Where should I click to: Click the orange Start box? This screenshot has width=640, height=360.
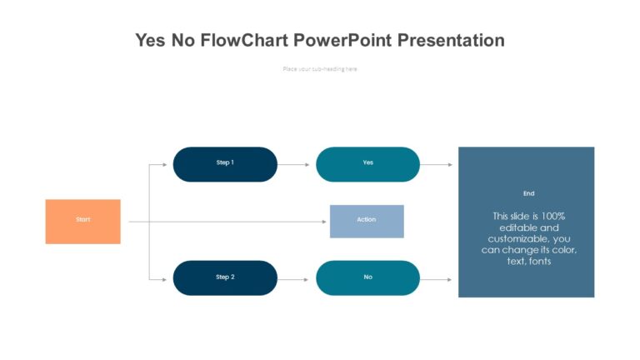pos(82,221)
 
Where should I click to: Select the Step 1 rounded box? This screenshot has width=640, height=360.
pos(225,164)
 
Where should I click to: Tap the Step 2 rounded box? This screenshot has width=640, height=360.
pos(225,277)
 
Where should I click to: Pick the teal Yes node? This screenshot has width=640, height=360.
pos(367,164)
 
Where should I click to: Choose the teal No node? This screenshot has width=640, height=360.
pos(367,277)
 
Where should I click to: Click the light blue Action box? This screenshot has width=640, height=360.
pos(367,221)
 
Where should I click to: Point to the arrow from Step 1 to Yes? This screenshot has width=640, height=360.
pos(295,164)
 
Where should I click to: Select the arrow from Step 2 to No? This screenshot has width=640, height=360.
pos(295,277)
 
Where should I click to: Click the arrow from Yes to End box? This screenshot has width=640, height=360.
pos(437,164)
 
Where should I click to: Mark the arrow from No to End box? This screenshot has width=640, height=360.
pos(437,279)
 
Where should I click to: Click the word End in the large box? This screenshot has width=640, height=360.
pos(528,193)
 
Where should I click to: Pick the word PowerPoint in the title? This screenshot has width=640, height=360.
pos(338,40)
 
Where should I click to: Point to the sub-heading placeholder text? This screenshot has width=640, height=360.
pos(320,69)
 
